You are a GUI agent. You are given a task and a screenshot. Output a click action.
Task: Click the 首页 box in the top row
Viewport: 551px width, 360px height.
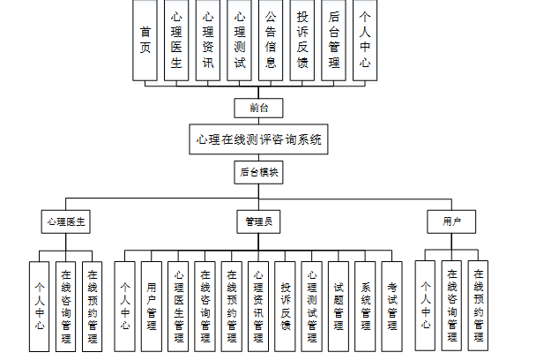tap(145, 41)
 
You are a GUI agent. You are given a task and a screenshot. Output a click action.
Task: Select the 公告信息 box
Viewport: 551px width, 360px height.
tap(270, 41)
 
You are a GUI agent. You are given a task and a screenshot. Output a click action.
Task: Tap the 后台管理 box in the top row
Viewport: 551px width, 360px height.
tap(333, 41)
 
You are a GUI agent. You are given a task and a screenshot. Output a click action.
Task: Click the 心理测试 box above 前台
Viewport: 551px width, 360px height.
tap(239, 41)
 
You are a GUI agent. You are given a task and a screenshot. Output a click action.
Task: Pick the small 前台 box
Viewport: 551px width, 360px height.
tap(258, 108)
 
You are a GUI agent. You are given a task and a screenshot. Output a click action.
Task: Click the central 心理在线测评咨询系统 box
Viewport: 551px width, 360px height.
tap(258, 139)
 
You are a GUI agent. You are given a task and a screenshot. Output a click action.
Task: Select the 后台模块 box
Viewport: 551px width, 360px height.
tap(258, 172)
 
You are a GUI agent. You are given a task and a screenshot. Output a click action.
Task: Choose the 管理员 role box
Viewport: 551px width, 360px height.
tap(258, 221)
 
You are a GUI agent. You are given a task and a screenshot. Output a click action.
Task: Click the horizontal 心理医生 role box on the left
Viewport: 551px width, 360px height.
tap(66, 221)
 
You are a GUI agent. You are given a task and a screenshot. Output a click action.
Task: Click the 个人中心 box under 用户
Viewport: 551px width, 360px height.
tap(426, 305)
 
